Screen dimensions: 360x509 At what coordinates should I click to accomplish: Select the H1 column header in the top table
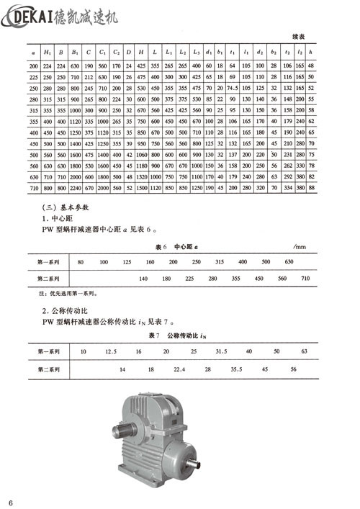tap(48, 53)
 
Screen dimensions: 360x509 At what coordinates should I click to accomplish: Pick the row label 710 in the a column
tap(33, 187)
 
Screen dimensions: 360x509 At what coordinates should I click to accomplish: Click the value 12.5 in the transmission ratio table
tap(111, 351)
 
